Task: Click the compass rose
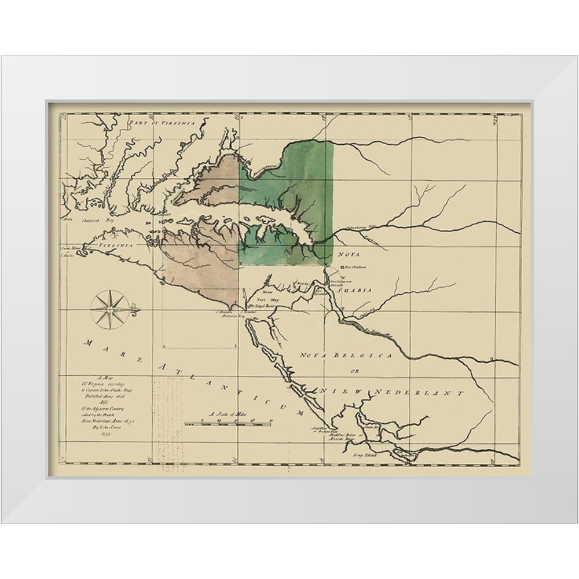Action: (x=109, y=309)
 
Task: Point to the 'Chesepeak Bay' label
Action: (x=95, y=220)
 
